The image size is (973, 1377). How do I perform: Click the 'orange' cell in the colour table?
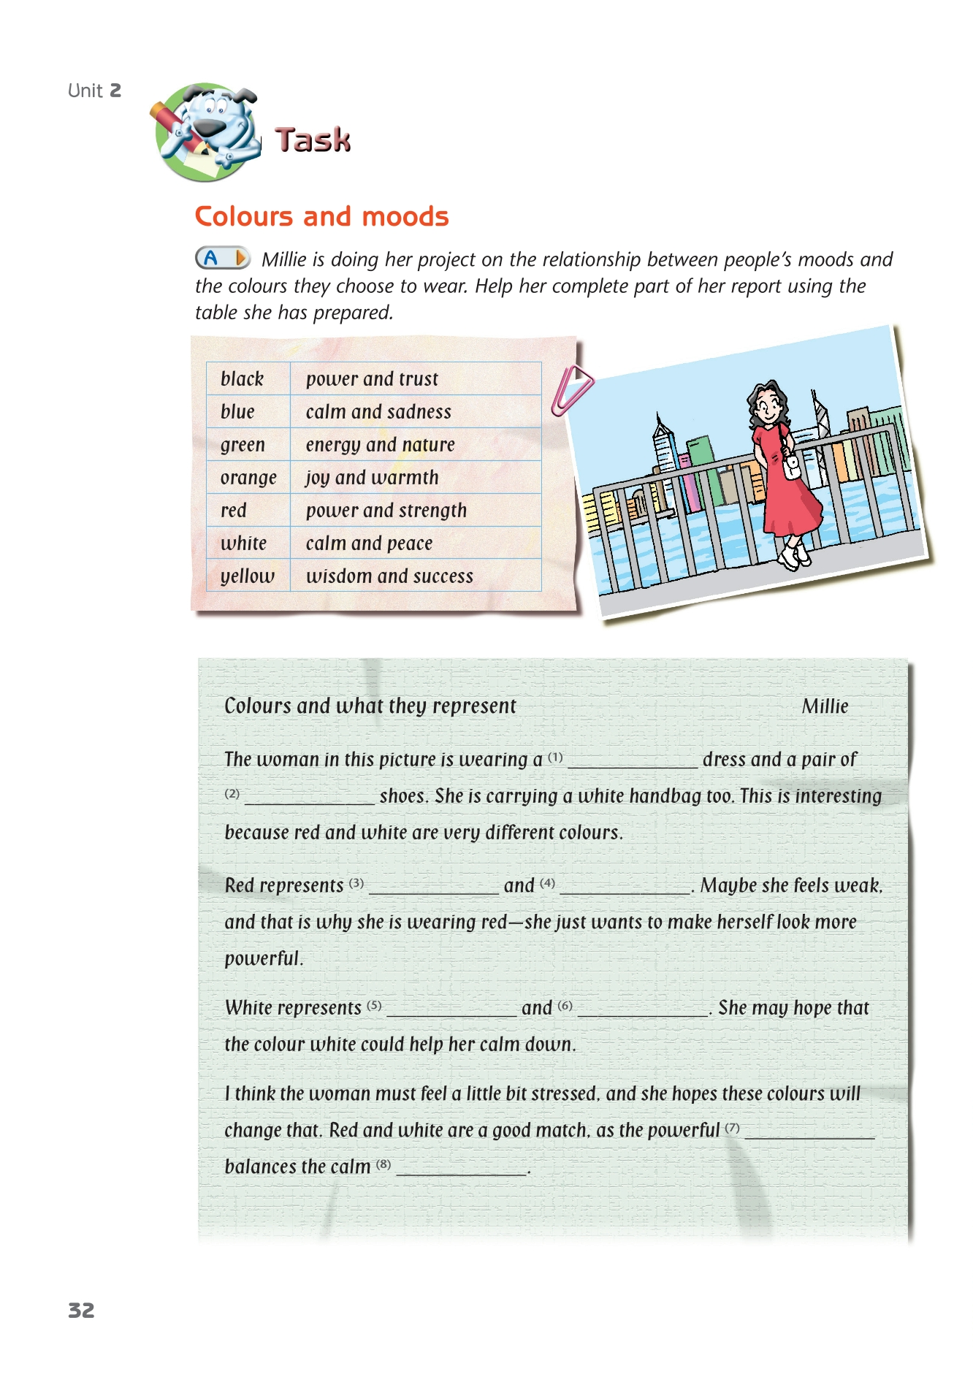[x=248, y=478]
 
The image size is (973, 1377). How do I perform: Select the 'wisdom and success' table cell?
[x=389, y=576]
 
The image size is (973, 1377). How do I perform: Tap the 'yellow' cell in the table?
[x=248, y=576]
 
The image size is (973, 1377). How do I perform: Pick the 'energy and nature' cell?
[x=380, y=445]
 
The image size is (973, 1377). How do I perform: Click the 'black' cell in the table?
[x=242, y=379]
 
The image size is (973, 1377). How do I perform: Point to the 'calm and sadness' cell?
[x=378, y=412]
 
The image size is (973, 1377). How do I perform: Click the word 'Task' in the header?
[x=313, y=140]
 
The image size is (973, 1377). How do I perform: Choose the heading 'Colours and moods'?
[x=321, y=216]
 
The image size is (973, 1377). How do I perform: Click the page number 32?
[x=81, y=1310]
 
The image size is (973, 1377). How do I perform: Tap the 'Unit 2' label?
[x=94, y=91]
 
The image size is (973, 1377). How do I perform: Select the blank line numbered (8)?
[x=461, y=1170]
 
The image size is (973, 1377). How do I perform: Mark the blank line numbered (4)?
[x=625, y=889]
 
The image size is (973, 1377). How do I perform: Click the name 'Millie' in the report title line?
[x=825, y=706]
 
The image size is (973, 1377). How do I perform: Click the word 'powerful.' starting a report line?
[x=264, y=958]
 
